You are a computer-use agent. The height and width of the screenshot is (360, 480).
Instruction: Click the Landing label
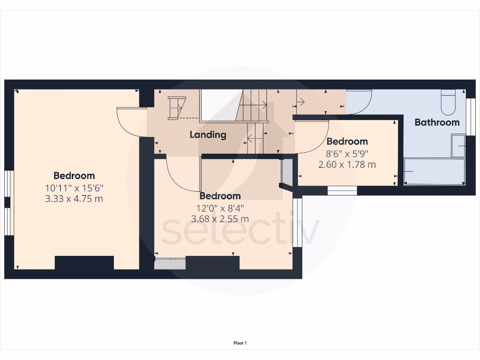pos(208,135)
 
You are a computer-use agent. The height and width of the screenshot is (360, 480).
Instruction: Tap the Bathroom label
pos(437,122)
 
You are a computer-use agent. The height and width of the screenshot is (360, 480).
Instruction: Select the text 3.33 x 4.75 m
pos(74,199)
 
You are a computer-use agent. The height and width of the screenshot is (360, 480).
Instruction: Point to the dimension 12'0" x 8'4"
pos(220,208)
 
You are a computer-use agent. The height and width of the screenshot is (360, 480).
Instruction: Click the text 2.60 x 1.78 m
pos(347,165)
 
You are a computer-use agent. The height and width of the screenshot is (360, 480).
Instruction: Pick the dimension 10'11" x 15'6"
pos(74,188)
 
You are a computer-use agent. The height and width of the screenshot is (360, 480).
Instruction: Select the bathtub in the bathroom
pos(434,171)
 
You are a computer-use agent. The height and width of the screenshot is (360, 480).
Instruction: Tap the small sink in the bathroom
pos(458,145)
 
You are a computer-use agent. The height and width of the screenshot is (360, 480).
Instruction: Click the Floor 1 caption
pos(240,343)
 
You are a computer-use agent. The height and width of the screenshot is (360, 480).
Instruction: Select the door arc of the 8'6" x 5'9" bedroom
pos(311,137)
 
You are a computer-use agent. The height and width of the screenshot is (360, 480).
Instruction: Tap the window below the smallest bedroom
pos(342,190)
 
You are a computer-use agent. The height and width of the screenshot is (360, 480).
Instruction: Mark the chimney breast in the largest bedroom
pos(84,262)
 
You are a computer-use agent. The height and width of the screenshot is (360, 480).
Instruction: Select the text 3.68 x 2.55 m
pos(220,219)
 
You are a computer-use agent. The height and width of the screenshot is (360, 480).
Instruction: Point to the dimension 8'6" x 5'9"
pos(347,153)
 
